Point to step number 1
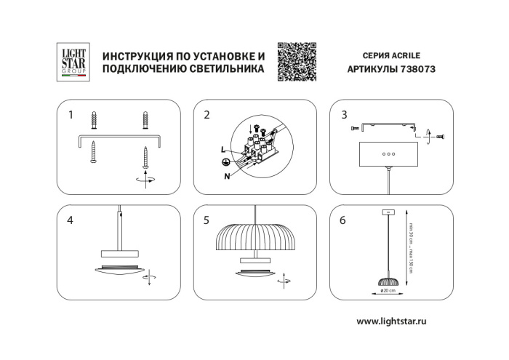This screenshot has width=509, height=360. pyautogui.click(x=71, y=115)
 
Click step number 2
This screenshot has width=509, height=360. pyautogui.click(x=207, y=115)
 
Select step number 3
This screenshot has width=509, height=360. pyautogui.click(x=344, y=115)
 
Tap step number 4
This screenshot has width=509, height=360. pyautogui.click(x=71, y=220)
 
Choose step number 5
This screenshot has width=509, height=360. pyautogui.click(x=207, y=220)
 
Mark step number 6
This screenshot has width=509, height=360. pyautogui.click(x=344, y=220)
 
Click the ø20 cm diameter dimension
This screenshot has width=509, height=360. pyautogui.click(x=388, y=290)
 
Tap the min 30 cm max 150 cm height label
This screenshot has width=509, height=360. pyautogui.click(x=412, y=247)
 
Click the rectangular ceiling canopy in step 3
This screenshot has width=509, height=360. pyautogui.click(x=388, y=154)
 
